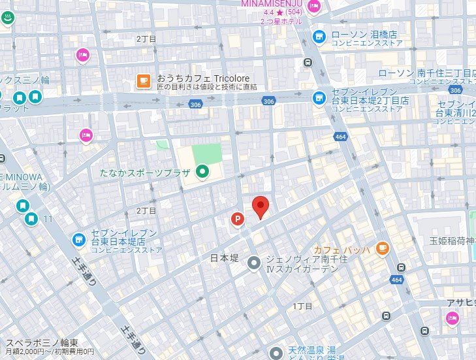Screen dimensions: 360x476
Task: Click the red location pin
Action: tap(261, 207)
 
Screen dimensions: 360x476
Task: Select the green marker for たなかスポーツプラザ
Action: tap(203, 172)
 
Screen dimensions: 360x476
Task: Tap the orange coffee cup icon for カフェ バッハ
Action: tap(383, 249)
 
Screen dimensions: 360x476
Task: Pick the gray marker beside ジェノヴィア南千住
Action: tap(253, 263)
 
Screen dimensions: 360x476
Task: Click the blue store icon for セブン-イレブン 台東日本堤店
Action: tap(79, 240)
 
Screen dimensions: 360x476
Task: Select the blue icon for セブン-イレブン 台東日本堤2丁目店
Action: tap(319, 97)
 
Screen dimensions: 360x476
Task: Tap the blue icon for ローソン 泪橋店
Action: tap(319, 36)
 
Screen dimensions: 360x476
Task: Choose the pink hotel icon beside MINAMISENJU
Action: tap(314, 7)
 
